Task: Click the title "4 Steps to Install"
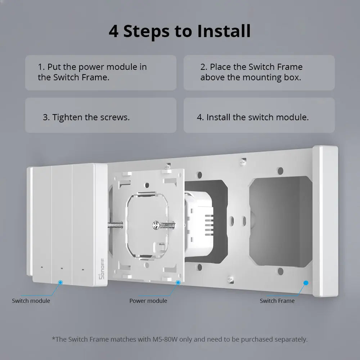[180, 31]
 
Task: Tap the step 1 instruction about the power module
[92, 72]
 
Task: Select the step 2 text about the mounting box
[251, 72]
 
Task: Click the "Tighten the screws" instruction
[86, 117]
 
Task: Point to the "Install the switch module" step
[253, 117]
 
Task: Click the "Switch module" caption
[31, 301]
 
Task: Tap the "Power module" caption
[148, 301]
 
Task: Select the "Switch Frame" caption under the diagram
[277, 301]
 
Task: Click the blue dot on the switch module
[60, 282]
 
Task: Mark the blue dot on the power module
[178, 282]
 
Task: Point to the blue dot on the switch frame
[306, 283]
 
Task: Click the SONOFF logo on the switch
[102, 269]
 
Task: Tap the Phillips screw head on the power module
[156, 225]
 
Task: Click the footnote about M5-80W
[180, 339]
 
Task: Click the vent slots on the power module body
[209, 225]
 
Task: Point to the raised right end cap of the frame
[325, 221]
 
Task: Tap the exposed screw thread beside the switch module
[115, 225]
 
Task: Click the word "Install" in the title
[224, 31]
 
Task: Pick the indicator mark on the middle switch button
[62, 268]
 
